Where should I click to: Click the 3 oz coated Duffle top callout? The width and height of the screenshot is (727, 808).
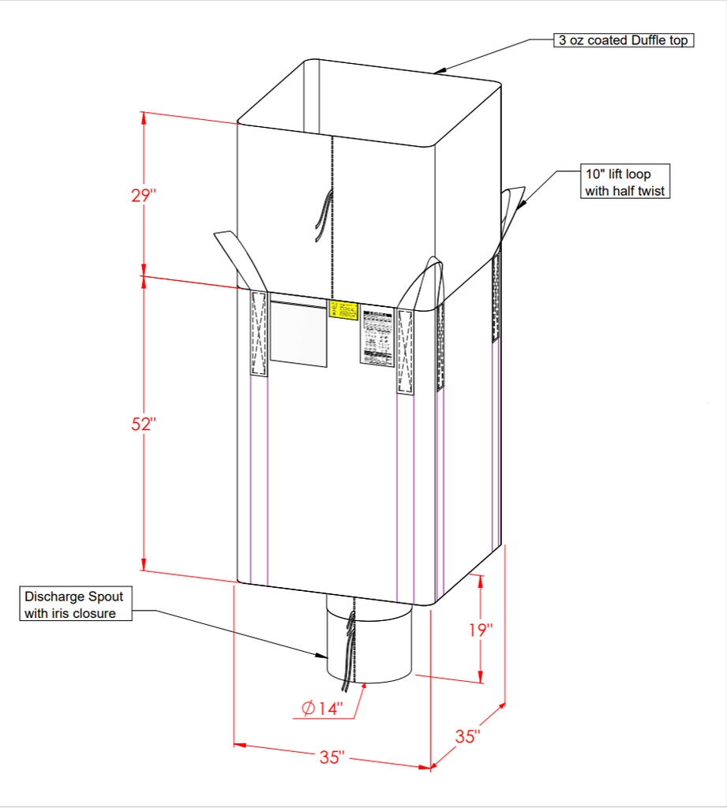pyautogui.click(x=623, y=40)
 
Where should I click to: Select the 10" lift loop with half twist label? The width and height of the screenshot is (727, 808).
pyautogui.click(x=625, y=181)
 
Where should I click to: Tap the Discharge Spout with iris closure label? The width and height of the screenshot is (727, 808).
pyautogui.click(x=75, y=604)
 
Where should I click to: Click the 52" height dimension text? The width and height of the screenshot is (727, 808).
pyautogui.click(x=144, y=424)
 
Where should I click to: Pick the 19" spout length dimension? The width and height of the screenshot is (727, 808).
pyautogui.click(x=479, y=630)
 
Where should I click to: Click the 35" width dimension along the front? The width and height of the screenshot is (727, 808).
pyautogui.click(x=332, y=757)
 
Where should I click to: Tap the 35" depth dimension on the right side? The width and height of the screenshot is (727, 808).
pyautogui.click(x=467, y=736)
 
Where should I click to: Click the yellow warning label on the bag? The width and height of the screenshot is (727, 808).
pyautogui.click(x=343, y=309)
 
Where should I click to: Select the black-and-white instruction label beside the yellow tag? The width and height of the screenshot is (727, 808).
pyautogui.click(x=377, y=337)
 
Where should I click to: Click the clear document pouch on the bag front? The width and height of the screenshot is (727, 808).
pyautogui.click(x=298, y=331)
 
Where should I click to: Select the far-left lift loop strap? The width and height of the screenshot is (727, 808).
pyautogui.click(x=241, y=256)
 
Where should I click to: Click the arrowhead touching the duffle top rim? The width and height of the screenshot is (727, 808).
pyautogui.click(x=440, y=71)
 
